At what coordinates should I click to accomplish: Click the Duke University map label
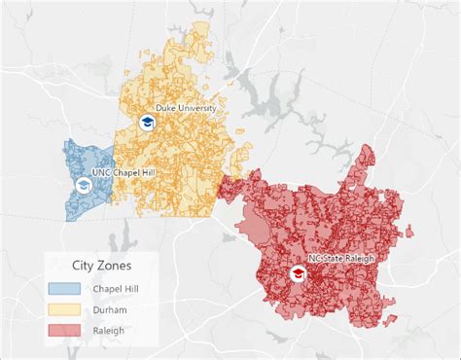pyautogui.click(x=186, y=109)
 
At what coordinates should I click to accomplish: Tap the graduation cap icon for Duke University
pyautogui.click(x=147, y=123)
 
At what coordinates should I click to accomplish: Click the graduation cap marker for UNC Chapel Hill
pyautogui.click(x=84, y=186)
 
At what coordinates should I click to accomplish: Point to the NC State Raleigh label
pyautogui.click(x=342, y=259)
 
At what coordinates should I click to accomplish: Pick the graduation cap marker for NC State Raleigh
pyautogui.click(x=297, y=274)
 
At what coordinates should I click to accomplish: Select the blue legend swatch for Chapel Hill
pyautogui.click(x=64, y=288)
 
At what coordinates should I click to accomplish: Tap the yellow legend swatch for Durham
pyautogui.click(x=64, y=309)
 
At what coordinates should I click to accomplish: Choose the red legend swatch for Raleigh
pyautogui.click(x=64, y=331)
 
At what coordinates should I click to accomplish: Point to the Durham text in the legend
pyautogui.click(x=111, y=309)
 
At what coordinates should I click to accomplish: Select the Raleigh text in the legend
pyautogui.click(x=110, y=331)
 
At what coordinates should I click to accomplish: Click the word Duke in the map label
pyautogui.click(x=165, y=109)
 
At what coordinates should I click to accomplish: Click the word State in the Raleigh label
pyautogui.click(x=337, y=259)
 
